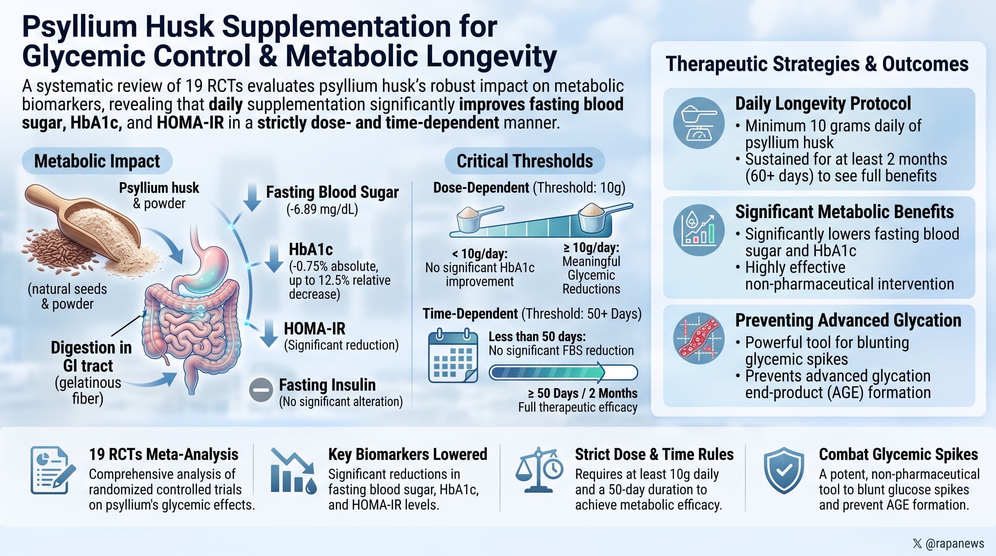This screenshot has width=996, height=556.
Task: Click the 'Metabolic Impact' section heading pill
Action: pyautogui.click(x=97, y=161)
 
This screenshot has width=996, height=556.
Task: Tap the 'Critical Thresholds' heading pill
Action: pyautogui.click(x=525, y=161)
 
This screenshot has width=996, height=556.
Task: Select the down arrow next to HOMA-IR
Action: pyautogui.click(x=269, y=333)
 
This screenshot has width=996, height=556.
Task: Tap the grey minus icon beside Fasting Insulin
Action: pyautogui.click(x=261, y=390)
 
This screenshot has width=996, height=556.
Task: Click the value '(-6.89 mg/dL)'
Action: pyautogui.click(x=322, y=209)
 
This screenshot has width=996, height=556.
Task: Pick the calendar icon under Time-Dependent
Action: pyautogui.click(x=453, y=356)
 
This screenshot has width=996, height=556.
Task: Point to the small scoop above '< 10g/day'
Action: pyautogui.click(x=480, y=218)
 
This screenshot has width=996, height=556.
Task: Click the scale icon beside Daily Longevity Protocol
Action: pyautogui.click(x=699, y=123)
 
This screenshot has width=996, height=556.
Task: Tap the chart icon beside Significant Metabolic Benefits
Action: pyautogui.click(x=699, y=230)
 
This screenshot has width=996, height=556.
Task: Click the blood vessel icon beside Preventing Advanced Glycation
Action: pyautogui.click(x=699, y=338)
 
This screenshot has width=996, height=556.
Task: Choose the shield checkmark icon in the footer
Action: pyautogui.click(x=784, y=470)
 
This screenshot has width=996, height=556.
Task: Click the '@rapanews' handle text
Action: pyautogui.click(x=955, y=543)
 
